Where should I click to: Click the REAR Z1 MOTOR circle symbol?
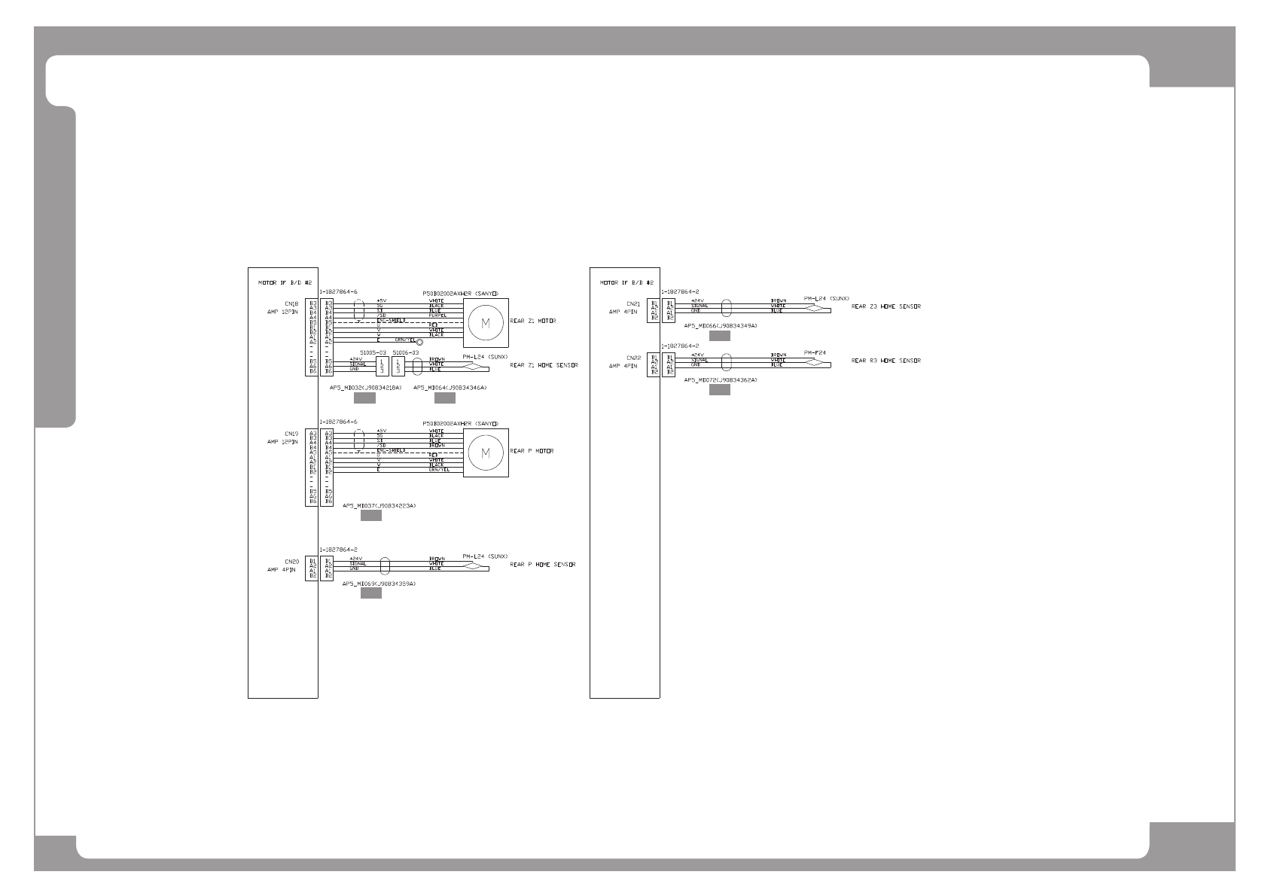coord(485,322)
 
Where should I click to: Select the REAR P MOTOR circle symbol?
coord(485,453)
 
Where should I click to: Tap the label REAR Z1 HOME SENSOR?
coord(544,365)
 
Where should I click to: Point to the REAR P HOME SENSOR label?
coord(542,564)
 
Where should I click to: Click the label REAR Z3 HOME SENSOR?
coord(885,306)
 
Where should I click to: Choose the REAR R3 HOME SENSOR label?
coord(885,361)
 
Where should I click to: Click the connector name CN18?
coord(291,305)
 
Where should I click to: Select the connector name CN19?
coord(291,434)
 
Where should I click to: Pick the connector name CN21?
coord(632,305)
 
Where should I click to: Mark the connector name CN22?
coord(632,358)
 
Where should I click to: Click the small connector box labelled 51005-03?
coord(382,365)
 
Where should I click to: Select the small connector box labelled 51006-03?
coord(399,365)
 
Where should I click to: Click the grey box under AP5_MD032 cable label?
coord(364,398)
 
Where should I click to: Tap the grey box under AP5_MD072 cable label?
coord(719,390)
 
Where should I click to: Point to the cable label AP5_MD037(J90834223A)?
coord(379,506)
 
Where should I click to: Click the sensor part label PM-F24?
coord(815,352)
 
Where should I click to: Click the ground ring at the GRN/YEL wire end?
coord(419,343)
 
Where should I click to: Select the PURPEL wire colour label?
coord(437,315)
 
